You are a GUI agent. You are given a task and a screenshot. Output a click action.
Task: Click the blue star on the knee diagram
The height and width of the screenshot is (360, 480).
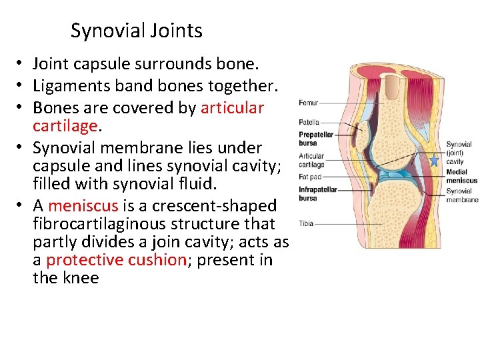(x=435, y=161)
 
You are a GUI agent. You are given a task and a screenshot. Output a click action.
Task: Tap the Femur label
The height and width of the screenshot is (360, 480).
(x=308, y=103)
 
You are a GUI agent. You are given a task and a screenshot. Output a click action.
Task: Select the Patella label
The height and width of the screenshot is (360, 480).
(x=309, y=122)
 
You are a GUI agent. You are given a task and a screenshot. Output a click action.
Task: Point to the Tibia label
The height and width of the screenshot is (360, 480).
(x=306, y=223)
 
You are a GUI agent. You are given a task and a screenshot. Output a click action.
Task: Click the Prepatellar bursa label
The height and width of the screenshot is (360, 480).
(x=311, y=139)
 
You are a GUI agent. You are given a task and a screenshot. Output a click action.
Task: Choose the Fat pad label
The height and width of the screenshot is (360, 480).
(x=309, y=177)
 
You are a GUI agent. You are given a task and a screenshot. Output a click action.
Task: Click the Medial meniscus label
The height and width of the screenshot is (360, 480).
(x=461, y=176)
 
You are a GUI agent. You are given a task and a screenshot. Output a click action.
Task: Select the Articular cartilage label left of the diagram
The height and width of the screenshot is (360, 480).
(x=311, y=161)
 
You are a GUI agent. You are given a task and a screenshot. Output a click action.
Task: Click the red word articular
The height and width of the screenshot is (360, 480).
(x=232, y=107)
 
